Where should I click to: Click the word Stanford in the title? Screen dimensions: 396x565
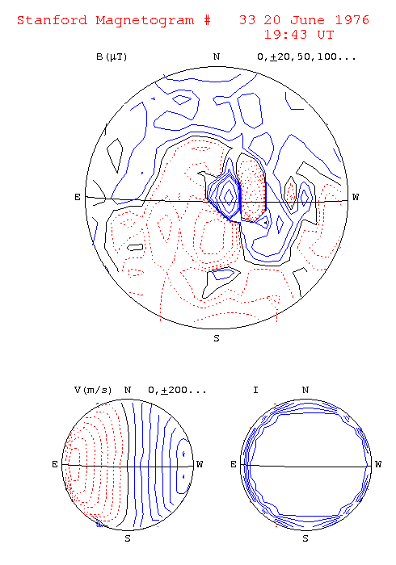(53, 20)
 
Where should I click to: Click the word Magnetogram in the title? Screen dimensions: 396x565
(145, 21)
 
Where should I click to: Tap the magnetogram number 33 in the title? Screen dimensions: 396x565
(247, 20)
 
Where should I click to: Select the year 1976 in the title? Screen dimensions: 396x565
(352, 20)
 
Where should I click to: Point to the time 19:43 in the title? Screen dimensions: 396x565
(285, 35)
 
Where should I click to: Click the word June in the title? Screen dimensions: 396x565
(308, 20)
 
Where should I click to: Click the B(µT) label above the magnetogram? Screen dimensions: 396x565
(112, 57)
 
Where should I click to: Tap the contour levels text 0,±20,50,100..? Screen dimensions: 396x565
(306, 57)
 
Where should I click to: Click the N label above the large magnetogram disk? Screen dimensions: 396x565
(217, 57)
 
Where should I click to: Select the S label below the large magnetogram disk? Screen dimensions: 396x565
(217, 338)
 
